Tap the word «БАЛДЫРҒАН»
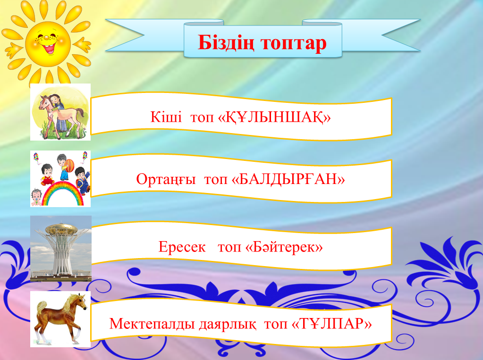[x=288, y=179]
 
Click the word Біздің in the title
[x=226, y=43]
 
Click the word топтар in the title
[x=294, y=44]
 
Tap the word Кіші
[x=166, y=117]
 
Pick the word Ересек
[x=182, y=247]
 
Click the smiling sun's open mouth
[x=49, y=48]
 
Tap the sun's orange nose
[x=47, y=38]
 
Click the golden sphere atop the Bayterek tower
[x=61, y=229]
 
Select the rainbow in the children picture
[x=63, y=193]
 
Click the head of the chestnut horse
[x=80, y=301]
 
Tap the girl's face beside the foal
[x=54, y=100]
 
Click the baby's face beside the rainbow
[x=37, y=195]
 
